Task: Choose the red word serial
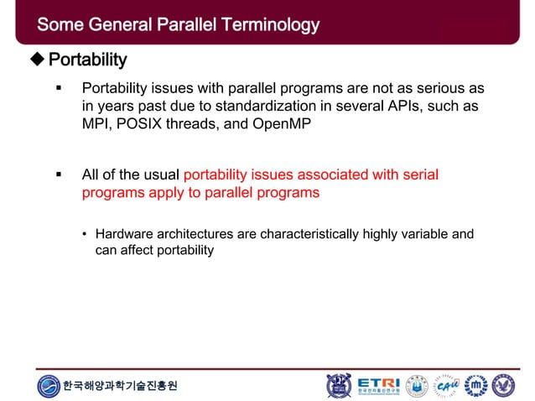pos(417,175)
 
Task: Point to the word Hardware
pos(124,234)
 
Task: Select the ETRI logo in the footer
pos(379,385)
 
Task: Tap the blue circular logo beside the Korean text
pos(49,386)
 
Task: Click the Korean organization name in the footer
pos(120,386)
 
